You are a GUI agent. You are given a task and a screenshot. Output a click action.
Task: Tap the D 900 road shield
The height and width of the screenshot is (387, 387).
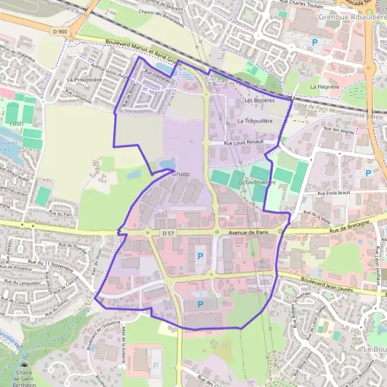pos(60,32)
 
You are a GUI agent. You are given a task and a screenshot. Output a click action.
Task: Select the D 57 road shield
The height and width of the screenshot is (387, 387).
pos(169,232)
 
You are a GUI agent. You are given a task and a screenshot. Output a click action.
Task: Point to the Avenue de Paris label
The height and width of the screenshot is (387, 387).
pos(247,233)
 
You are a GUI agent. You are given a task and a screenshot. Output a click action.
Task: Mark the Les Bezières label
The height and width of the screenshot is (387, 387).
pos(260,101)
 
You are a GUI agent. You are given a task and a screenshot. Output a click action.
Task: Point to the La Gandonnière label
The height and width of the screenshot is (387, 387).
pos(257,183)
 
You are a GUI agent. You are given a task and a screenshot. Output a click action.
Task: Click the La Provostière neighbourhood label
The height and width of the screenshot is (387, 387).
pos(84,80)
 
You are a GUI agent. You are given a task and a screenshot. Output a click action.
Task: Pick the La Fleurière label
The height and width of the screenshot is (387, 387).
pos(324,86)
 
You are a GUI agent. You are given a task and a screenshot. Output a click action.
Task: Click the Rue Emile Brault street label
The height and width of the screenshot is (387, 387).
pos(336,193)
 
